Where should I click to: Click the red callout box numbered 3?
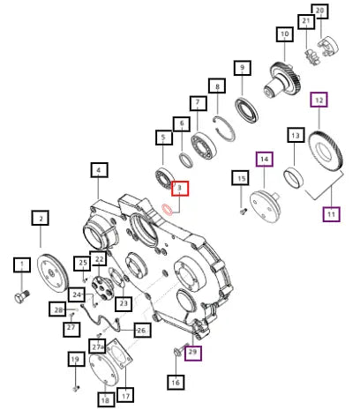180,188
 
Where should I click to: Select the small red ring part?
168,210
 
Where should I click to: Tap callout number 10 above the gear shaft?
285,34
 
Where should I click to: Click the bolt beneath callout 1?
22,296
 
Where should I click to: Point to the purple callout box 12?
319,100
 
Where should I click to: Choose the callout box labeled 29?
193,353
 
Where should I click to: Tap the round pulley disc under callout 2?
52,273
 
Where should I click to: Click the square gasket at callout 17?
119,354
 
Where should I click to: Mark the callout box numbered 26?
142,330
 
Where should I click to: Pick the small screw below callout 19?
76,389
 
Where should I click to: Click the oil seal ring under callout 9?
246,110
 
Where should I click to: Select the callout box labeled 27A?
97,346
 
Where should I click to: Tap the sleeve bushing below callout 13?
293,177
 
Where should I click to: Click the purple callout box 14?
265,160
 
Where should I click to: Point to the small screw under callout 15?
244,211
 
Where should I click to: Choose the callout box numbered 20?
319,11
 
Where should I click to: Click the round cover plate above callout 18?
103,369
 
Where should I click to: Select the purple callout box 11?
331,214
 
